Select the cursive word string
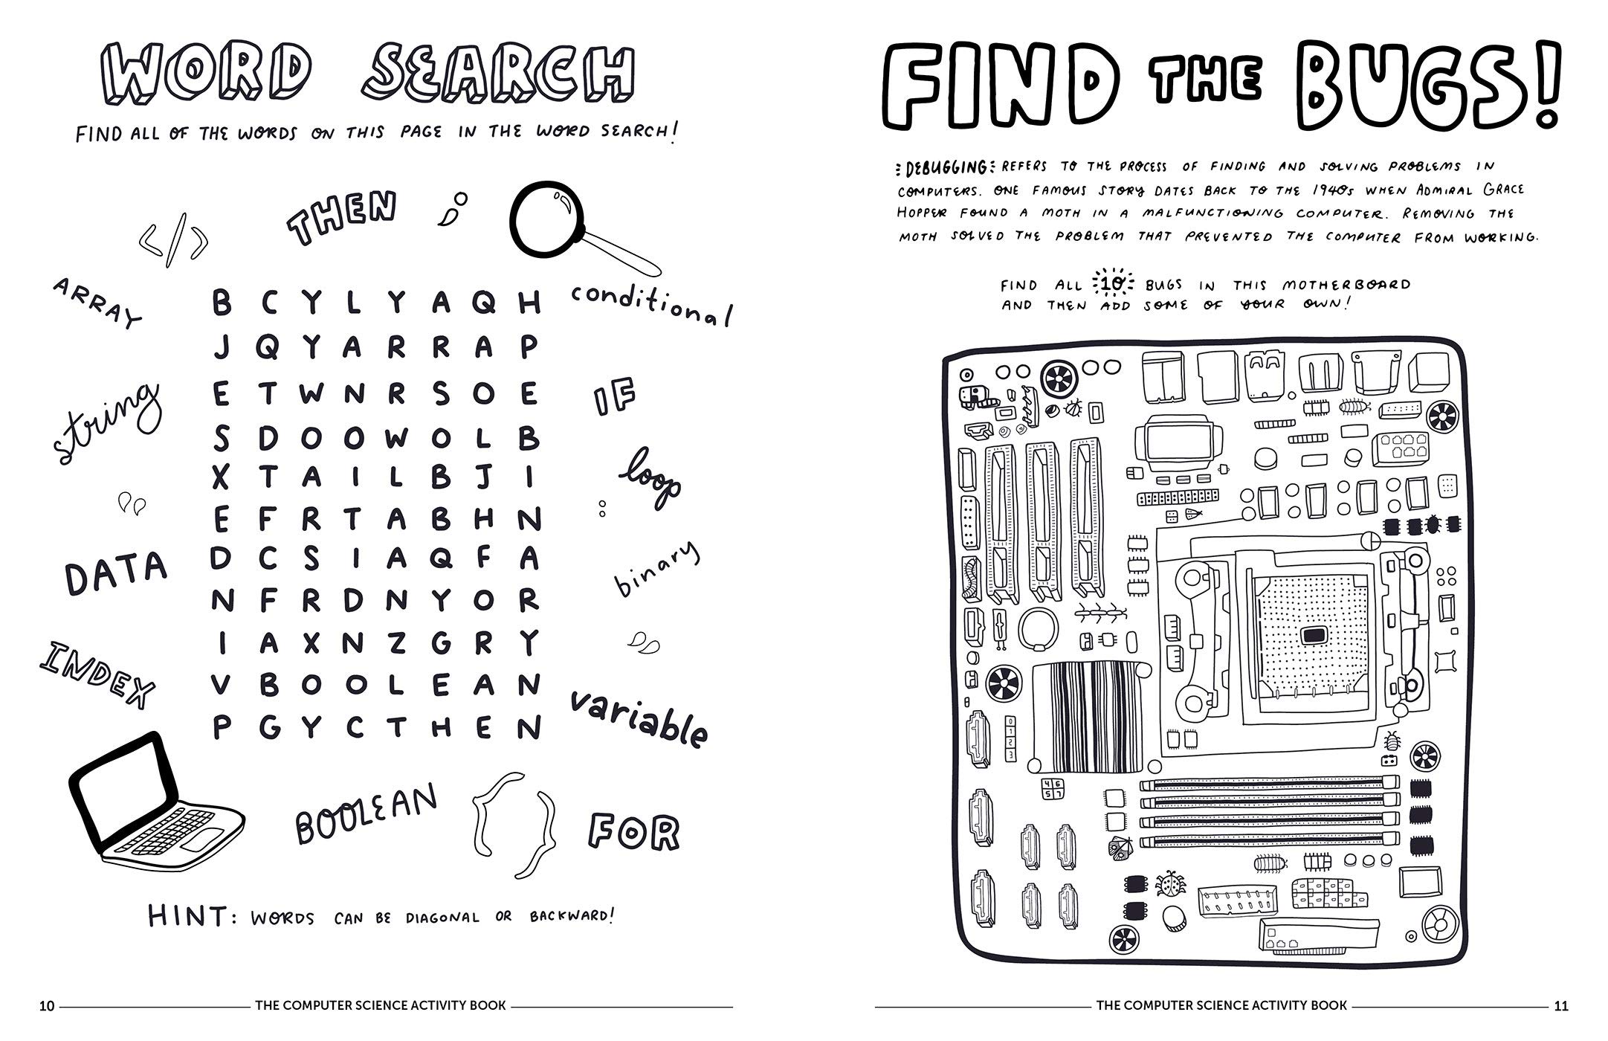106,423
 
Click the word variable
639,718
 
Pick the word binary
657,570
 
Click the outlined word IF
615,399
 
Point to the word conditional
651,305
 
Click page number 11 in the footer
1560,1006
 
